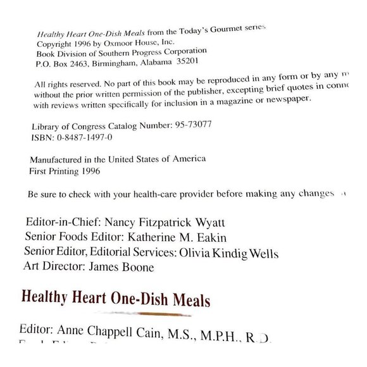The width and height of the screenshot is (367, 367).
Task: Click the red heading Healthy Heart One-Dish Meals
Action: (116, 297)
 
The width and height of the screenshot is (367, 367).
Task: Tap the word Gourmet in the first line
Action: (225, 29)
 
